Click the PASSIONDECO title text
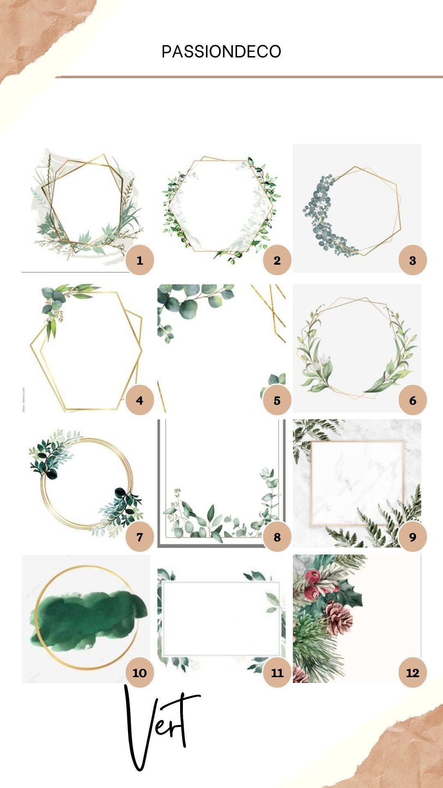tap(221, 52)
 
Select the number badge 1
tap(139, 260)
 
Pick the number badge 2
tap(277, 260)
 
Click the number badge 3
tap(413, 260)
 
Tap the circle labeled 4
tap(139, 401)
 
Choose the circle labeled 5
tap(277, 401)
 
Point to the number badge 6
tap(413, 401)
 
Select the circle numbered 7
tap(139, 537)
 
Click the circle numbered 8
tap(277, 537)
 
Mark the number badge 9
tap(413, 537)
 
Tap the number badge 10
tap(139, 673)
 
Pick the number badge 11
tap(277, 673)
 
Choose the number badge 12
tap(413, 673)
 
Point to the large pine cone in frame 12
tap(339, 617)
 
